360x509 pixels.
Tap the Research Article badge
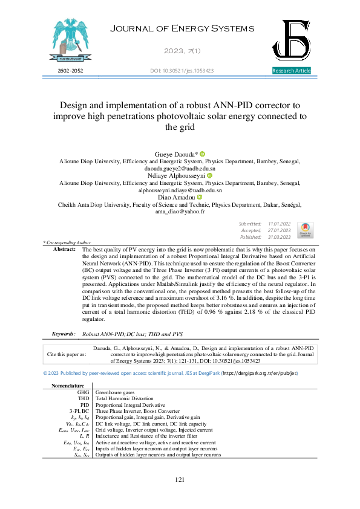click(292, 71)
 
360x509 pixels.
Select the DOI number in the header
click(182, 71)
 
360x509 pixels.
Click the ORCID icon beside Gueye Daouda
click(203, 154)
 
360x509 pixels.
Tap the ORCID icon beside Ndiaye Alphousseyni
click(210, 176)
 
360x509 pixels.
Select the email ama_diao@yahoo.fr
click(180, 212)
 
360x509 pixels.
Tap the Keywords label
click(64, 334)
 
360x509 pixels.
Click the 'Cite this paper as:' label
click(67, 354)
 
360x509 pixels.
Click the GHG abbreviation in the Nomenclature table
click(83, 392)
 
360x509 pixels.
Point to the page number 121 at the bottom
click(180, 480)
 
